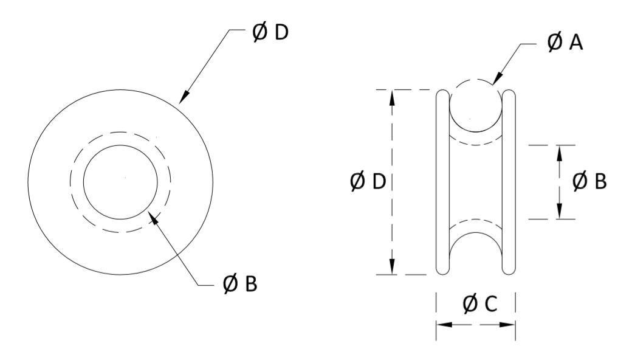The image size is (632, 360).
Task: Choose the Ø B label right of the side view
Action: [x=589, y=181]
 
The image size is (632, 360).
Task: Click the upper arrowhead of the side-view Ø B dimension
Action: [x=559, y=151]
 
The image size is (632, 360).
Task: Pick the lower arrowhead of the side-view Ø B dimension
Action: [x=559, y=213]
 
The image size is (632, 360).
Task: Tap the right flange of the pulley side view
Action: [x=509, y=182]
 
